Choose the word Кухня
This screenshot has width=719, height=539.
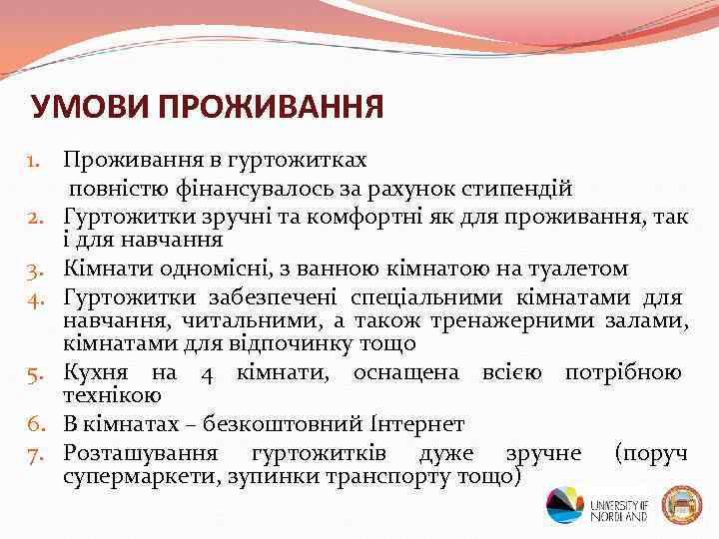tap(98, 373)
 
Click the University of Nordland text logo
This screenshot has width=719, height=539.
tap(619, 505)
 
